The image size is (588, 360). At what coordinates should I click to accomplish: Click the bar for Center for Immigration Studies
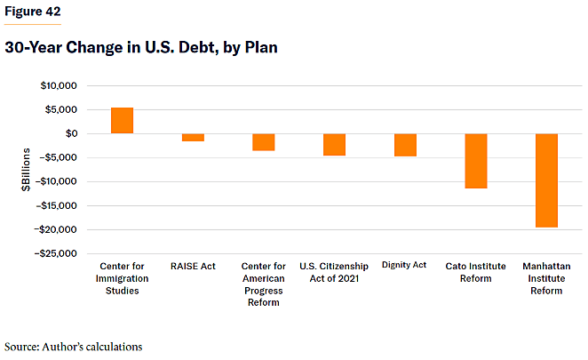[x=122, y=120]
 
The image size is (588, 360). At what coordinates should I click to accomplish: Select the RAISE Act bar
[x=193, y=138]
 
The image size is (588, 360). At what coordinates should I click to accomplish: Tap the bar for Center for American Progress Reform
[x=264, y=142]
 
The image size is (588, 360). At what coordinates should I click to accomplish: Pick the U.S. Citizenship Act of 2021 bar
[x=334, y=145]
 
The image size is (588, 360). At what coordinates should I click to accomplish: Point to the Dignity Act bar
[x=405, y=145]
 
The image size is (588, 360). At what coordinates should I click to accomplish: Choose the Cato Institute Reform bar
[x=476, y=161]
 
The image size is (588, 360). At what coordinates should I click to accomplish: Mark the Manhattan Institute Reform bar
[x=546, y=180]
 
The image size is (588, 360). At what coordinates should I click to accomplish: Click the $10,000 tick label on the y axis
[x=59, y=86]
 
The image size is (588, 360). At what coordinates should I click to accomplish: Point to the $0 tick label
[x=69, y=134]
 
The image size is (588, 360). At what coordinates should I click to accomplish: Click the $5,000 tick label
[x=61, y=110]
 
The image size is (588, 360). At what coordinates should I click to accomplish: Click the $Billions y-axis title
[x=28, y=170]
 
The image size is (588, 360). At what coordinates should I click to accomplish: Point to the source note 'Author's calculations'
[x=74, y=346]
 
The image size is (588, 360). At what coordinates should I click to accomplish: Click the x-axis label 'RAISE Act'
[x=193, y=266]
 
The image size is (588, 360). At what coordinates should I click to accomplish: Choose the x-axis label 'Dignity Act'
[x=405, y=265]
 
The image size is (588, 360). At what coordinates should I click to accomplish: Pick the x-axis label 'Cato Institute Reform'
[x=476, y=272]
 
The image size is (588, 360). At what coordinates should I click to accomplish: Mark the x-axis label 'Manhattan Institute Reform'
[x=546, y=278]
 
